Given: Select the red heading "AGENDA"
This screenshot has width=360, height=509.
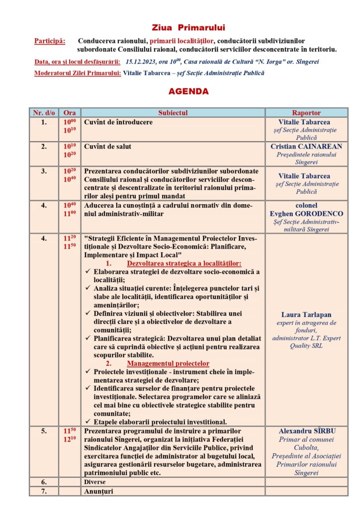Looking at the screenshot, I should click(x=181, y=92).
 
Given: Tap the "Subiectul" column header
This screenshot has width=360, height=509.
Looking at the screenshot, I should click(x=173, y=113).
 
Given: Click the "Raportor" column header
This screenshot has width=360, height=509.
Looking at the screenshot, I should click(x=306, y=113).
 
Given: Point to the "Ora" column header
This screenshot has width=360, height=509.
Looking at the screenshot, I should click(x=70, y=113).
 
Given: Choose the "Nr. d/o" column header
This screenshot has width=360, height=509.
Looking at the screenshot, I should click(x=44, y=113).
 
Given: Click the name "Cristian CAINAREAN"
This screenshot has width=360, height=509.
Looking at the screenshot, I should click(x=306, y=147).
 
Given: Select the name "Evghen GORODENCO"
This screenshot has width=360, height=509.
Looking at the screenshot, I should click(x=306, y=214).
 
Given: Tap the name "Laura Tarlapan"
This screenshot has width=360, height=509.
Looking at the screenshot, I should click(x=306, y=315).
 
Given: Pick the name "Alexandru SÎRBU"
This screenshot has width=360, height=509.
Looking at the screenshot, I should click(x=306, y=431).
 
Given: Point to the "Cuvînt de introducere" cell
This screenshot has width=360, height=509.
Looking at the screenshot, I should click(x=118, y=122).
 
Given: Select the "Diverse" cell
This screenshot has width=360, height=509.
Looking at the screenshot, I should click(x=95, y=482).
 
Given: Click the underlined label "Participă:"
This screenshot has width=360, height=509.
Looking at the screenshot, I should click(x=50, y=40).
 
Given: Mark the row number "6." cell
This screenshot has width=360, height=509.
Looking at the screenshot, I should click(x=44, y=482).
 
